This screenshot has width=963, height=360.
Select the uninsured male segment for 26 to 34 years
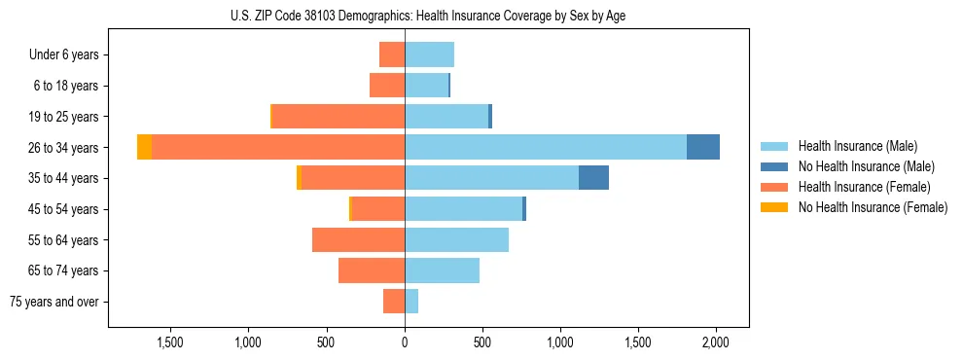[702, 147]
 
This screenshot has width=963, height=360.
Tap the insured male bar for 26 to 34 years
[546, 147]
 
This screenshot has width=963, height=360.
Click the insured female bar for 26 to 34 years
[278, 147]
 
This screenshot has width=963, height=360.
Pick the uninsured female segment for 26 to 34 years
[144, 147]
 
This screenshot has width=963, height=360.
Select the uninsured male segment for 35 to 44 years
[593, 178]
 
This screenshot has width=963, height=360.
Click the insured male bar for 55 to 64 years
[456, 239]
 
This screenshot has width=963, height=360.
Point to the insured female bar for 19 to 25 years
[339, 117]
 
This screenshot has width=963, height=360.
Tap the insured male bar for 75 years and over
[411, 302]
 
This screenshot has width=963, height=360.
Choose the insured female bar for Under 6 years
[392, 54]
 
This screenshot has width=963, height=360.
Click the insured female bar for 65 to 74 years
[372, 270]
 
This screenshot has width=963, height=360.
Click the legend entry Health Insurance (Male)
[857, 146]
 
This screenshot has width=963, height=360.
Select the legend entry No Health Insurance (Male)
[866, 166]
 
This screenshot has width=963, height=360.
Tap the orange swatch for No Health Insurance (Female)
[774, 207]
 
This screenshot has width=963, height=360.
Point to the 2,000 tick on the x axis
[716, 342]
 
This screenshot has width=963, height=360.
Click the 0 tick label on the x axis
[405, 342]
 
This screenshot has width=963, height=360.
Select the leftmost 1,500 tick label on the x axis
[170, 342]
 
